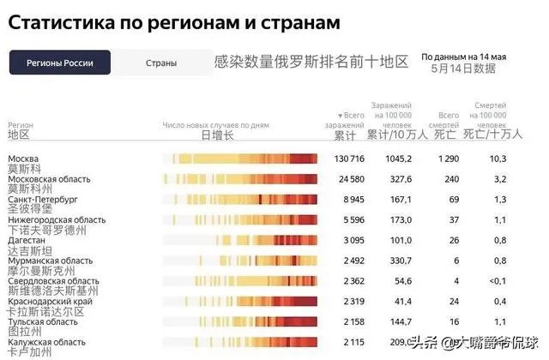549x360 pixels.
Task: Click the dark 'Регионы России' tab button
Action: coord(59,63)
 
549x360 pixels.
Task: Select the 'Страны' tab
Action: coord(161,63)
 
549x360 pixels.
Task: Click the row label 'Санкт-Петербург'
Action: coord(43,199)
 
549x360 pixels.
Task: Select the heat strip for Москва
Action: coord(240,159)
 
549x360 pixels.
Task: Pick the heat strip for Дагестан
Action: coord(240,240)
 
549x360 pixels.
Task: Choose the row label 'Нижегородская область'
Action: coord(57,219)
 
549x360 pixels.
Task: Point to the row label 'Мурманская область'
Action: coord(50,261)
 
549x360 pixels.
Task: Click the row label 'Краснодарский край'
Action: coord(51,302)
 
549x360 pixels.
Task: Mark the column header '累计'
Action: coord(344,135)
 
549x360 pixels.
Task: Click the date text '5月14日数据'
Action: coord(463,68)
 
